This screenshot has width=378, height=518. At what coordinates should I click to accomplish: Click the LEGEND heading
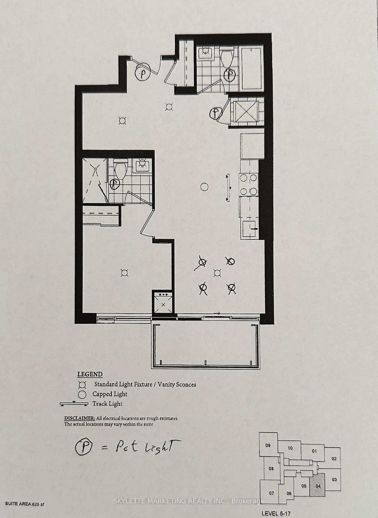pyautogui.click(x=90, y=374)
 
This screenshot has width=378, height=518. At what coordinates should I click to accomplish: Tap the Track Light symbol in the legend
pyautogui.click(x=74, y=404)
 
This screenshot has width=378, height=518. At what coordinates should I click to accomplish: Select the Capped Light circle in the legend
pyautogui.click(x=82, y=394)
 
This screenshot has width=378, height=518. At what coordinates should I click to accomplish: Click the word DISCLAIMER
pyautogui.click(x=79, y=418)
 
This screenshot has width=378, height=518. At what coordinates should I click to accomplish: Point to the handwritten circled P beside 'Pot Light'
pyautogui.click(x=83, y=447)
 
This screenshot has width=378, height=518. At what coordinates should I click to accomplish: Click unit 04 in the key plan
pyautogui.click(x=318, y=486)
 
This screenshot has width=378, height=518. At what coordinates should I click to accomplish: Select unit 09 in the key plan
pyautogui.click(x=268, y=445)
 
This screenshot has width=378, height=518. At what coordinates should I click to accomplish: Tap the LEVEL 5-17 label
pyautogui.click(x=276, y=513)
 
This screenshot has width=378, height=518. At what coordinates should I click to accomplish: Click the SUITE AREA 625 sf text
pyautogui.click(x=24, y=504)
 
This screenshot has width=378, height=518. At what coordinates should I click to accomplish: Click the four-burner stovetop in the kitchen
pyautogui.click(x=248, y=185)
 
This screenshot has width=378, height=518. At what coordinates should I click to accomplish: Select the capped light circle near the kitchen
pyautogui.click(x=204, y=187)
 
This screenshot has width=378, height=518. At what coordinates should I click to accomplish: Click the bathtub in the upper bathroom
pyautogui.click(x=252, y=69)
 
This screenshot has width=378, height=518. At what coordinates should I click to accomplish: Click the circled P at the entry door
pyautogui.click(x=142, y=72)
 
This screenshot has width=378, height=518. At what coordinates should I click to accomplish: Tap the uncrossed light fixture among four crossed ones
pyautogui.click(x=217, y=273)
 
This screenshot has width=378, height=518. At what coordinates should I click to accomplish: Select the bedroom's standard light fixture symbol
pyautogui.click(x=124, y=273)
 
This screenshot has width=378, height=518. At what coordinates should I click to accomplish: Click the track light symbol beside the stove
pyautogui.click(x=228, y=187)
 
